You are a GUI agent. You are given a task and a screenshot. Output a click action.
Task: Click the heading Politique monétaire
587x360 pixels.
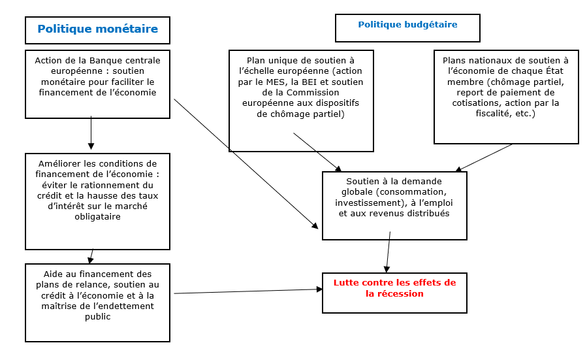point(97,29)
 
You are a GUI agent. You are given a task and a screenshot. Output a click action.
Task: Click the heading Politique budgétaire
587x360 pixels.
point(407,25)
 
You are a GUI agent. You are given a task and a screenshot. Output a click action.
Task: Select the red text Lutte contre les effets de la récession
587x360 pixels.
point(394,288)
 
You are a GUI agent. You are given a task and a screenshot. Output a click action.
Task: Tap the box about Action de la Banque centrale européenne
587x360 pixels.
point(97,84)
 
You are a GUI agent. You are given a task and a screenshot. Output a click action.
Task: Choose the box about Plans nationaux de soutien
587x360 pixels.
point(506,97)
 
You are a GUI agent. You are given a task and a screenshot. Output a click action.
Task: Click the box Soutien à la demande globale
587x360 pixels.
point(394,205)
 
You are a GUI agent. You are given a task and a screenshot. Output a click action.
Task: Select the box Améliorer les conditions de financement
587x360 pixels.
point(97,201)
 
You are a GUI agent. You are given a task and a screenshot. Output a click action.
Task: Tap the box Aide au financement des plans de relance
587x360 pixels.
point(97,302)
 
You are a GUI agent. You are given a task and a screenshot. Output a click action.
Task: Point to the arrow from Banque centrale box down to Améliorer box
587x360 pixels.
point(91,133)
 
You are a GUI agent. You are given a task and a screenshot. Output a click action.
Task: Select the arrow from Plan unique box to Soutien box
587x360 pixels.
point(317,152)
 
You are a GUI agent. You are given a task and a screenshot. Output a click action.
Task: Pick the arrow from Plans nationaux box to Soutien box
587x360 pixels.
point(484,157)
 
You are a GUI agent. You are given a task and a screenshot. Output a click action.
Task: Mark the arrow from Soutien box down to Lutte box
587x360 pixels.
point(389,251)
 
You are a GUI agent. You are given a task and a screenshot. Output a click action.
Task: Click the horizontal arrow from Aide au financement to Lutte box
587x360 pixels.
point(248,291)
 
